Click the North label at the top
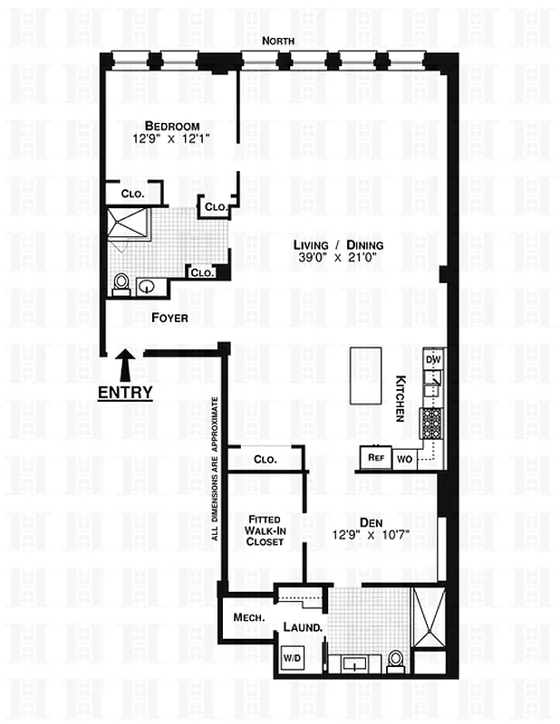[279, 41]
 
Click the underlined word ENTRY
[125, 393]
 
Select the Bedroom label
[172, 126]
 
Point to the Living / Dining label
[337, 245]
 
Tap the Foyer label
[169, 318]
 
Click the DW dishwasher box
[433, 359]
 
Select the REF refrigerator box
[375, 458]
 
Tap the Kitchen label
[400, 398]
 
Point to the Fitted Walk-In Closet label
[266, 530]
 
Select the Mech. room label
[247, 618]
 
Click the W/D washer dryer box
[292, 657]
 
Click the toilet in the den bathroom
[395, 662]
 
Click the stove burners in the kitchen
[431, 423]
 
